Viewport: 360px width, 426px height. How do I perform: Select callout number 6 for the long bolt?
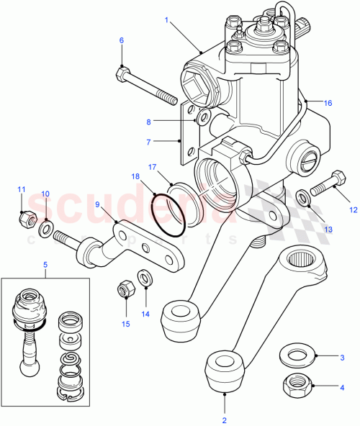click(x=121, y=40)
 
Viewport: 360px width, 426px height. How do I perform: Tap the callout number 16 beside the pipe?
click(x=328, y=104)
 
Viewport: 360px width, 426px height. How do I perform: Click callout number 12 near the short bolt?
click(x=353, y=210)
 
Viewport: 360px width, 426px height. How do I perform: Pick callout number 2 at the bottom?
click(x=224, y=419)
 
